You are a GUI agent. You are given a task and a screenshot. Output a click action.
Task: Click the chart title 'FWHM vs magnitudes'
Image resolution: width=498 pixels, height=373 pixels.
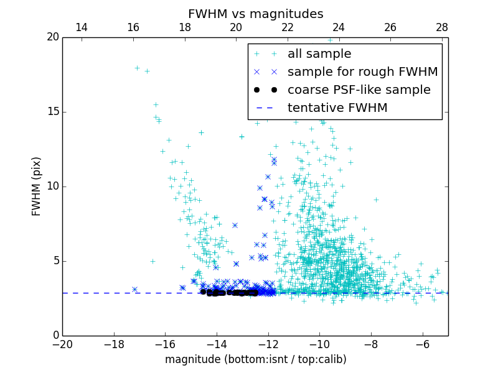(255, 14)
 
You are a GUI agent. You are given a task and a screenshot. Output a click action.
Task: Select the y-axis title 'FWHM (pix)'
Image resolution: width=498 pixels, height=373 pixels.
(37, 186)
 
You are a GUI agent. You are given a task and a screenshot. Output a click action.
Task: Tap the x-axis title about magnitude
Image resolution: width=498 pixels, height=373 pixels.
(255, 359)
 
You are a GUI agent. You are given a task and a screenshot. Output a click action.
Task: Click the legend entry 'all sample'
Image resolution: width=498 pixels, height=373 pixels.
(319, 54)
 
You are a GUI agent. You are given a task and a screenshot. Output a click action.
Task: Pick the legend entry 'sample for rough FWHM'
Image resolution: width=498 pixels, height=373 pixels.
(362, 72)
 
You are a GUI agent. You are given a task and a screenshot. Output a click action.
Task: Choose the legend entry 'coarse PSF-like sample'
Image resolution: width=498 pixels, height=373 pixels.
(359, 90)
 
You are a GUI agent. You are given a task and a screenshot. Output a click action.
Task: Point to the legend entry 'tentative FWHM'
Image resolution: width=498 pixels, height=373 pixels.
(337, 108)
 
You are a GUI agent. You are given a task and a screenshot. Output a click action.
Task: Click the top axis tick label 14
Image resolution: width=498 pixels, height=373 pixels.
(81, 27)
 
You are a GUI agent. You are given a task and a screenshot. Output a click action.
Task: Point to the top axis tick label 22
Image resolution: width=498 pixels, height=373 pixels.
(288, 27)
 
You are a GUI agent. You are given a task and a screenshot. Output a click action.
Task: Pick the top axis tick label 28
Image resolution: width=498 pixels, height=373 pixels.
(442, 27)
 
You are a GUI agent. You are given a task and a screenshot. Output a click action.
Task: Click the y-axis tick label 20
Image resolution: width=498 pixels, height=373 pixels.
(52, 37)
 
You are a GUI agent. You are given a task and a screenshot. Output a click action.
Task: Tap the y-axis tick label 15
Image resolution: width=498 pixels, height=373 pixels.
(52, 112)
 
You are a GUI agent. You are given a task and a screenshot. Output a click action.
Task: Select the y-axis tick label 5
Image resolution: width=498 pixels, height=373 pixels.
(55, 261)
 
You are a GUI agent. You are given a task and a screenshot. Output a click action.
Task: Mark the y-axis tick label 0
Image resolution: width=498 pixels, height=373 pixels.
(55, 336)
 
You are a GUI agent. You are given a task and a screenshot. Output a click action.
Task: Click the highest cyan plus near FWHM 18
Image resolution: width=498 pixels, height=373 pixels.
(137, 68)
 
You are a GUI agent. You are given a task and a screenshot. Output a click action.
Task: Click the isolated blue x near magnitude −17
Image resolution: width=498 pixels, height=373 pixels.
(134, 289)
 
